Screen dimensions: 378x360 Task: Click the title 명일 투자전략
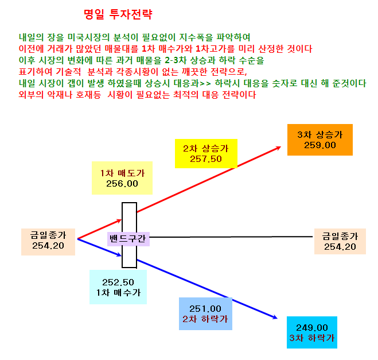coord(118,14)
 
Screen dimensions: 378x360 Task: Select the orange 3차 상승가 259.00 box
coord(320,140)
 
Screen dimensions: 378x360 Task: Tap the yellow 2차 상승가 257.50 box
coord(206,153)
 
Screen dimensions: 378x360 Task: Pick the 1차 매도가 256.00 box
coord(122,178)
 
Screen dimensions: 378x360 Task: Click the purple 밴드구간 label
coord(128,239)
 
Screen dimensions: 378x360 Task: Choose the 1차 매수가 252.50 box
coord(118,287)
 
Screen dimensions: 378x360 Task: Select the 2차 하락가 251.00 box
coord(205,313)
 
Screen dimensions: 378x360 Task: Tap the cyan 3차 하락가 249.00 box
coord(312,332)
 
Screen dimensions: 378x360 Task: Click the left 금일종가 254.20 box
coord(48,242)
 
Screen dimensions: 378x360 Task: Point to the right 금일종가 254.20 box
coord(340,241)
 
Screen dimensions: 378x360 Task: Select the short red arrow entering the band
coord(99,229)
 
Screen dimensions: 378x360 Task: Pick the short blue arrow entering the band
coord(99,247)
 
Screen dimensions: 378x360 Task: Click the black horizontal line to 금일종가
coord(231,237)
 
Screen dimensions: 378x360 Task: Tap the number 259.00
coord(320,145)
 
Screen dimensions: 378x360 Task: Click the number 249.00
coord(312,328)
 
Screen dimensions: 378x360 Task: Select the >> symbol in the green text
coord(205,84)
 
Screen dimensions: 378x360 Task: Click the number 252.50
coord(118,282)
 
